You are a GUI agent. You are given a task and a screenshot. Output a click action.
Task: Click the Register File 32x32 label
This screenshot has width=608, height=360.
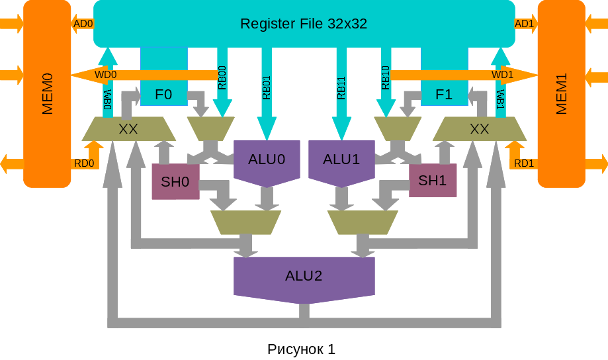[304, 24]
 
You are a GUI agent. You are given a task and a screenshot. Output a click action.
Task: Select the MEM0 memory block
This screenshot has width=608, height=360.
[47, 94]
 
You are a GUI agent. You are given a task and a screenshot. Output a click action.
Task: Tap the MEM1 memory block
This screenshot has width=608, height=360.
[561, 94]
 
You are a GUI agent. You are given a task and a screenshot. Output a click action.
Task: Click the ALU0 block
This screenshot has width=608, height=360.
[267, 159]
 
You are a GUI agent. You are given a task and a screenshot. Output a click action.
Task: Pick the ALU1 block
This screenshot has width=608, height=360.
[341, 159]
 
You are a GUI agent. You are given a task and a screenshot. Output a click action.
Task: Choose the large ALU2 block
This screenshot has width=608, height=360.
[304, 276]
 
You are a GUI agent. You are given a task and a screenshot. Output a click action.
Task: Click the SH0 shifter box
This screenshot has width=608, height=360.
[175, 181]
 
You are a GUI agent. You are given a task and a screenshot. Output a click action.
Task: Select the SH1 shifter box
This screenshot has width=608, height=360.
[433, 181]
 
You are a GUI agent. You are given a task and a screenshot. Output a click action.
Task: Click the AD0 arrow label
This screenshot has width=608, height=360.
[83, 24]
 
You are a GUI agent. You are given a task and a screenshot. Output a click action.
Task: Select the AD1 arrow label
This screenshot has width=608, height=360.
[524, 24]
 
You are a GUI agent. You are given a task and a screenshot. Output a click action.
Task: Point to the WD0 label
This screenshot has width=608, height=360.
[105, 75]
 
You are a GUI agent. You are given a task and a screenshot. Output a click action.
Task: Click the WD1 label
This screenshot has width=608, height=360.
[502, 75]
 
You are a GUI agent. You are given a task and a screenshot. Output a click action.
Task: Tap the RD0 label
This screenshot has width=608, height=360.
[84, 163]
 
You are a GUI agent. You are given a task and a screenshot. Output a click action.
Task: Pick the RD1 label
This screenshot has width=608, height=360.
[524, 163]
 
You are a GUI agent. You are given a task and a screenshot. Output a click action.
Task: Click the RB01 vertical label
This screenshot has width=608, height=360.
[267, 88]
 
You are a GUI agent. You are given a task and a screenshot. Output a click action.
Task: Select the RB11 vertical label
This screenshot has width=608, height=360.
[341, 88]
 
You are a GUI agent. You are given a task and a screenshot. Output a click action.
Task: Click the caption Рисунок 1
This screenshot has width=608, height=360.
[301, 349]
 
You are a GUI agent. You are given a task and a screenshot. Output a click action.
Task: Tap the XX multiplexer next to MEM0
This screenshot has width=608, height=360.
[128, 129]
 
